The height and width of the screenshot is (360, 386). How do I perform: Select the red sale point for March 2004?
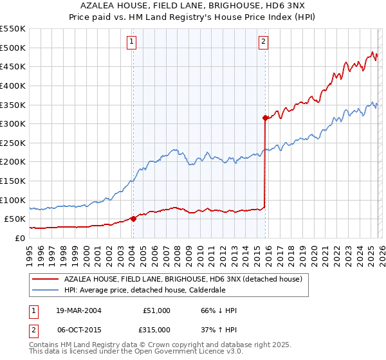click(133, 219)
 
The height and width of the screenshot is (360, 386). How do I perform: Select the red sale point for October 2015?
click(265, 118)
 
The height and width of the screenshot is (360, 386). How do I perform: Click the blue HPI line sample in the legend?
click(45, 290)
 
